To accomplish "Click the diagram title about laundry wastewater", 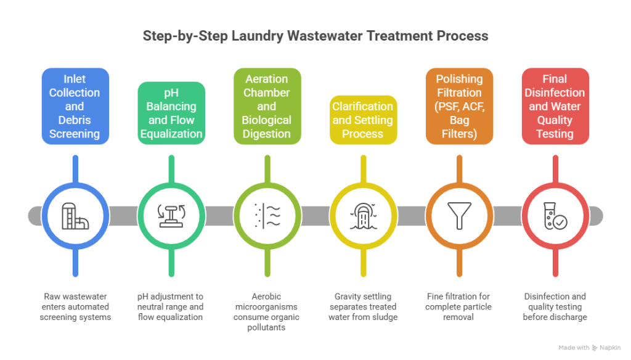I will click(315, 36).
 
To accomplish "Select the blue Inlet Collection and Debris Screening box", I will click(75, 106).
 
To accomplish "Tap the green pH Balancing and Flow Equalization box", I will click(171, 113).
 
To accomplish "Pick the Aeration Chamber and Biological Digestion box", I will click(267, 106).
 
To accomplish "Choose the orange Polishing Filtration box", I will click(459, 106).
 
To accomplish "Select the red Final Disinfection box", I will click(555, 106).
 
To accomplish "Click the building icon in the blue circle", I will click(75, 216).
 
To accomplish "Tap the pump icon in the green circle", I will click(171, 216).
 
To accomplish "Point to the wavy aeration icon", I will click(267, 216).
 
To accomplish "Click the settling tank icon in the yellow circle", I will click(363, 216).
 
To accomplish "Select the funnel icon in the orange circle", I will click(459, 216).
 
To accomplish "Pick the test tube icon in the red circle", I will click(555, 216).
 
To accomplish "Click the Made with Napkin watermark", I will click(589, 348).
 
